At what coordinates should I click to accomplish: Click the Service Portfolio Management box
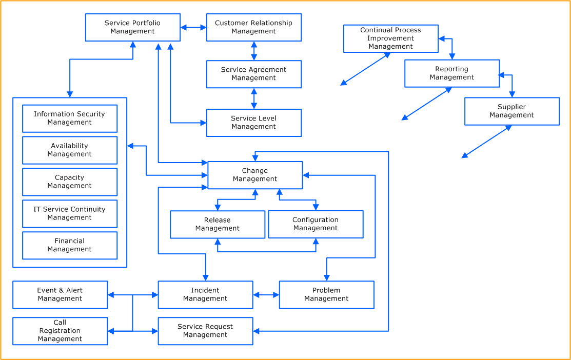tap(132, 27)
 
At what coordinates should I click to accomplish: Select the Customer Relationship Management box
tap(253, 27)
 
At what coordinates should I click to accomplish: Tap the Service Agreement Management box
tap(253, 74)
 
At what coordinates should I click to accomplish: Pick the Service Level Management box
tap(253, 123)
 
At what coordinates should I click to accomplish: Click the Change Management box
tap(255, 175)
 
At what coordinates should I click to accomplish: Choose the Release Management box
tap(218, 224)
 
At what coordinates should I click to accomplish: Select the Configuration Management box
tap(316, 224)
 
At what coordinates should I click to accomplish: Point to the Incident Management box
tap(205, 294)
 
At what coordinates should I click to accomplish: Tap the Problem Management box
tap(326, 294)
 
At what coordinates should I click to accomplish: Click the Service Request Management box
tap(205, 331)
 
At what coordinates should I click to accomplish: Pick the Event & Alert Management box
tap(60, 294)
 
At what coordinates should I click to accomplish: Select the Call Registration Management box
tap(60, 331)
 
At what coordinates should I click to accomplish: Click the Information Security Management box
tap(70, 118)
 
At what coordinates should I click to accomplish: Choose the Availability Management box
tap(70, 150)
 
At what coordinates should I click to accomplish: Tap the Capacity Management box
tap(70, 182)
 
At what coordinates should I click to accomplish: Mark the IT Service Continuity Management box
tap(70, 213)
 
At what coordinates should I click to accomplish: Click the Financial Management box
tap(70, 245)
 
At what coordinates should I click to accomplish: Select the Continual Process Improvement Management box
tap(390, 38)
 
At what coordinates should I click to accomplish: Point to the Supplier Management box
tap(512, 111)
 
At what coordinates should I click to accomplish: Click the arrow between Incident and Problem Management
tap(266, 295)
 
